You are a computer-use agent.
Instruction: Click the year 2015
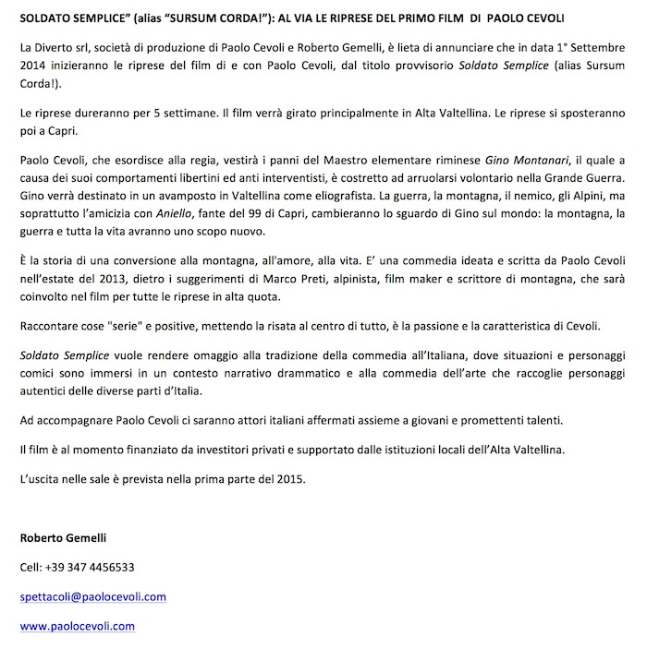coord(288,478)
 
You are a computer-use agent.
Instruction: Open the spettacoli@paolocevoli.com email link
coord(92,596)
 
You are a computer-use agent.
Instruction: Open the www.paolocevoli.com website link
coord(77,626)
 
